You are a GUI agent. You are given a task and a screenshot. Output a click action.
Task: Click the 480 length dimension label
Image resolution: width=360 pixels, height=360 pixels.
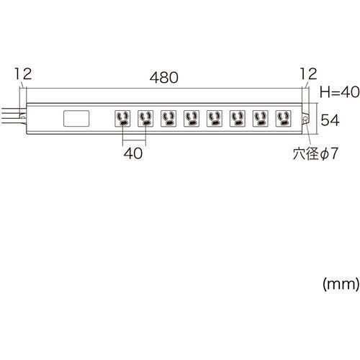pos(164,77)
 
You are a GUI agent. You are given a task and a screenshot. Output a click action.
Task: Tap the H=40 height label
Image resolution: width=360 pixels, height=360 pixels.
pos(340,92)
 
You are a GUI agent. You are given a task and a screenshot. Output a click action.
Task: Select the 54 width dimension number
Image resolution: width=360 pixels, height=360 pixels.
pos(330,120)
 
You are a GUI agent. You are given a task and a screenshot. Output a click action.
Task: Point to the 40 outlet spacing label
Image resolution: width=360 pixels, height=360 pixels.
pos(133,153)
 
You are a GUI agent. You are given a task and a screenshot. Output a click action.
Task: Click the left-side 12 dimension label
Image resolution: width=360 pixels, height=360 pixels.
pos(23,73)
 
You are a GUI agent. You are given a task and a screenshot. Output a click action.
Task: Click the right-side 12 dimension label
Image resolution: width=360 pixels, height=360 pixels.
pos(308,73)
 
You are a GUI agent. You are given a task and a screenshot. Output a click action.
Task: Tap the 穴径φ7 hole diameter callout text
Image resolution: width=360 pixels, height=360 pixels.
pos(315,153)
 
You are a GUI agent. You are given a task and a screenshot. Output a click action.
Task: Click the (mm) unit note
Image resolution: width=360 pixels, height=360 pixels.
pos(341,284)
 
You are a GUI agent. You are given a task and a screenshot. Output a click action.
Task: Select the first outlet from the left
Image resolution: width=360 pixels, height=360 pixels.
pos(122,118)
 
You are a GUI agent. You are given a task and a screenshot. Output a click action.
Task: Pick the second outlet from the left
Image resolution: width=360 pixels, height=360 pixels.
pos(145,118)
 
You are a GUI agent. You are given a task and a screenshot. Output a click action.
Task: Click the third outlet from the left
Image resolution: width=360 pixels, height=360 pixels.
pos(168,118)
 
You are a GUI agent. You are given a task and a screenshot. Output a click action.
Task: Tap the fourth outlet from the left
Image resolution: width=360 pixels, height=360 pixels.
pos(192,118)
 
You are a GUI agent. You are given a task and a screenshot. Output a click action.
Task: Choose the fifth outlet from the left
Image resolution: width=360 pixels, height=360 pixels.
pos(215,118)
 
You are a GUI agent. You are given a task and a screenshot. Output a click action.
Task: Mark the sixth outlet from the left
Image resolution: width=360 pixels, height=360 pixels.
pos(238,118)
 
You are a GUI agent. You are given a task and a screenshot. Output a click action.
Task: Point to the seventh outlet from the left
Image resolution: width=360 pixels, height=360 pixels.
pos(261,118)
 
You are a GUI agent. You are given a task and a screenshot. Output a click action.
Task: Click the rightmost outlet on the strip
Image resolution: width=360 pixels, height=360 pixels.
pos(284,118)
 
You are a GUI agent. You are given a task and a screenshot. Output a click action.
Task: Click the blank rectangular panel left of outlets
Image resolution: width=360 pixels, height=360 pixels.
pos(76,118)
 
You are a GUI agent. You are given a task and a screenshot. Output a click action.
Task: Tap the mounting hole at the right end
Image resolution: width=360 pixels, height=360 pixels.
pos(305,119)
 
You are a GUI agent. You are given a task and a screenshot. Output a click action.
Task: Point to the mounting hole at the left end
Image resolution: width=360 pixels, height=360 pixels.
pos(23,117)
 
